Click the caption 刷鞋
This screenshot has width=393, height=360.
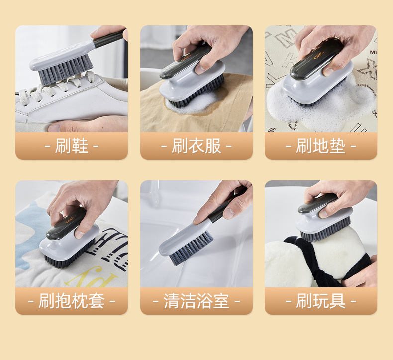(72, 146)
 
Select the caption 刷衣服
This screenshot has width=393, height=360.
(196, 146)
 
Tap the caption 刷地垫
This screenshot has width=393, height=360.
(321, 146)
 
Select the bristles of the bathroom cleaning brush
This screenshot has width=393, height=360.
(192, 249)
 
